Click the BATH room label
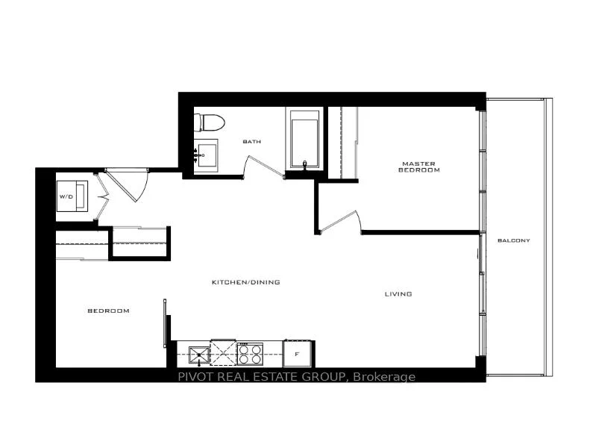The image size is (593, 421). (x=251, y=142)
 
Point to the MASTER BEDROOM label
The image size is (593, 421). (x=418, y=167)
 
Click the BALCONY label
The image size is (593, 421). (x=514, y=240)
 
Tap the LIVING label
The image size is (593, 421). (x=398, y=294)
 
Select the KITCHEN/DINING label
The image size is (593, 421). (x=246, y=282)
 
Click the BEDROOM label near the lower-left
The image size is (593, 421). (x=109, y=311)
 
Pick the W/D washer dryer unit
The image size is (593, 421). (x=72, y=196)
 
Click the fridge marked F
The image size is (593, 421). (x=298, y=354)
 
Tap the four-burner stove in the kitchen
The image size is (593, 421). (x=250, y=354)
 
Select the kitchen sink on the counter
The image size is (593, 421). (x=199, y=355)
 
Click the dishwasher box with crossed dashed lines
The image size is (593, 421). (x=224, y=353)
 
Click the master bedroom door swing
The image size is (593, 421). (x=340, y=222)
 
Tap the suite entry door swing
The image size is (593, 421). (x=127, y=187)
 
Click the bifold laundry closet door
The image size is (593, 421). (x=101, y=196)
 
